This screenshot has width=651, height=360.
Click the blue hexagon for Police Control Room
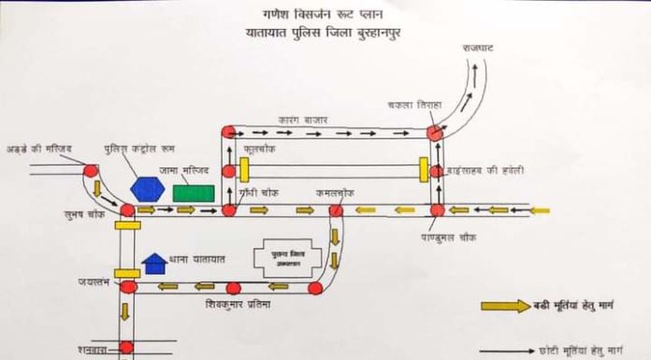[x=147, y=189]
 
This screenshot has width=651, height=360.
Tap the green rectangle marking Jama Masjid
[x=194, y=193]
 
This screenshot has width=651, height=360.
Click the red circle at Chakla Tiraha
[x=435, y=132]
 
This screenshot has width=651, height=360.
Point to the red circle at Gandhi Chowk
[x=229, y=210]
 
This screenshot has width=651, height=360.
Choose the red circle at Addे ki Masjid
[x=91, y=171]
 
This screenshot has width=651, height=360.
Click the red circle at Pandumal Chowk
[x=436, y=210]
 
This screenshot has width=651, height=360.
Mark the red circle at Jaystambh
[x=129, y=287]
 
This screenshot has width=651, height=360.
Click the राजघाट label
[x=481, y=46]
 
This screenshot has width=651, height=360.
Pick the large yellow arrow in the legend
[x=504, y=306]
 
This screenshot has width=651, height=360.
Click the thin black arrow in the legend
[x=505, y=351]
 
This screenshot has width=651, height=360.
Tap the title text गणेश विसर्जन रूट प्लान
[x=325, y=16]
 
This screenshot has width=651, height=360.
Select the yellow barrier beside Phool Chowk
[x=244, y=170]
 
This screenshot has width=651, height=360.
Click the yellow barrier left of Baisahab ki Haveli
[x=423, y=170]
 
